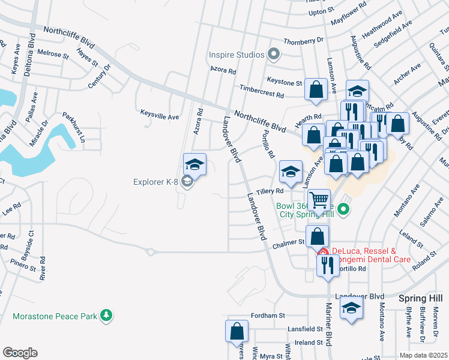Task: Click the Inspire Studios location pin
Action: coord(274,55)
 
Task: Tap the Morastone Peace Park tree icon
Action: coord(106,314)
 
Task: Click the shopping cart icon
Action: coord(319,199)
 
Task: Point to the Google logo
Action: coord(19,353)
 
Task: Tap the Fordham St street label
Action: coord(268,316)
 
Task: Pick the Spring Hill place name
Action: coord(420,298)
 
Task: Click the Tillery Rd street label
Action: coord(270,191)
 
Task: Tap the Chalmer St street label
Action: coord(288,242)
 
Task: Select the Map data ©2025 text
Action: coord(424,355)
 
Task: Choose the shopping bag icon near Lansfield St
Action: coord(237,331)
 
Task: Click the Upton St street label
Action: coord(321,11)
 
